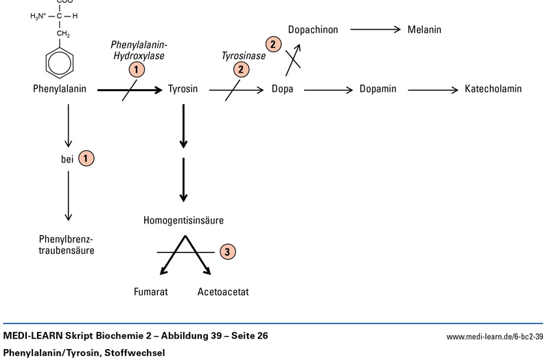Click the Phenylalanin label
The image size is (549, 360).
[59, 89]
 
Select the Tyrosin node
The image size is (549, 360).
[183, 89]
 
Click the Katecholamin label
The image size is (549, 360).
[493, 89]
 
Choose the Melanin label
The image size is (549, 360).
[424, 29]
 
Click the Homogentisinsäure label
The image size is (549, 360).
[183, 220]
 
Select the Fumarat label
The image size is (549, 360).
[151, 292]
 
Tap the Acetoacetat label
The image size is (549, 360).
[223, 292]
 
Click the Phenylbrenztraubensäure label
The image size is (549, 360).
[67, 245]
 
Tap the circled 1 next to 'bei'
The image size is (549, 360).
[86, 158]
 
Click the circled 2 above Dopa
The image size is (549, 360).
[274, 45]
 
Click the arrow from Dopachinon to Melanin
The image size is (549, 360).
[375, 29]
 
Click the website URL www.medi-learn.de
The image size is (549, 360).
[494, 337]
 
